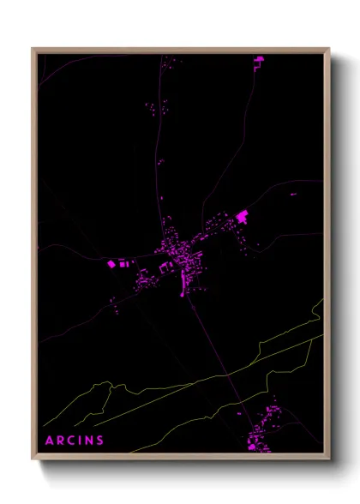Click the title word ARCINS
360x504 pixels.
tap(75, 441)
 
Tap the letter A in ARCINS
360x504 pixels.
tap(49, 441)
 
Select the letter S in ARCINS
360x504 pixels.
tap(101, 441)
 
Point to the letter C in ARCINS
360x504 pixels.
tap(71, 441)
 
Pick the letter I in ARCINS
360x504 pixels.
tap(81, 441)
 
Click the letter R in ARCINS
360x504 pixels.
tap(60, 441)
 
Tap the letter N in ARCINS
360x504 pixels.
tap(90, 441)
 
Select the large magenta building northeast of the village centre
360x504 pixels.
tap(242, 216)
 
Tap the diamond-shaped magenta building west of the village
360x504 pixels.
tap(111, 265)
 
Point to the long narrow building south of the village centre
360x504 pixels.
tap(182, 282)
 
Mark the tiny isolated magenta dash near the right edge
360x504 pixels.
tap(293, 195)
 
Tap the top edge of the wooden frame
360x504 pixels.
tap(180, 50)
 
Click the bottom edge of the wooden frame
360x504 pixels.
tap(180, 459)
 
